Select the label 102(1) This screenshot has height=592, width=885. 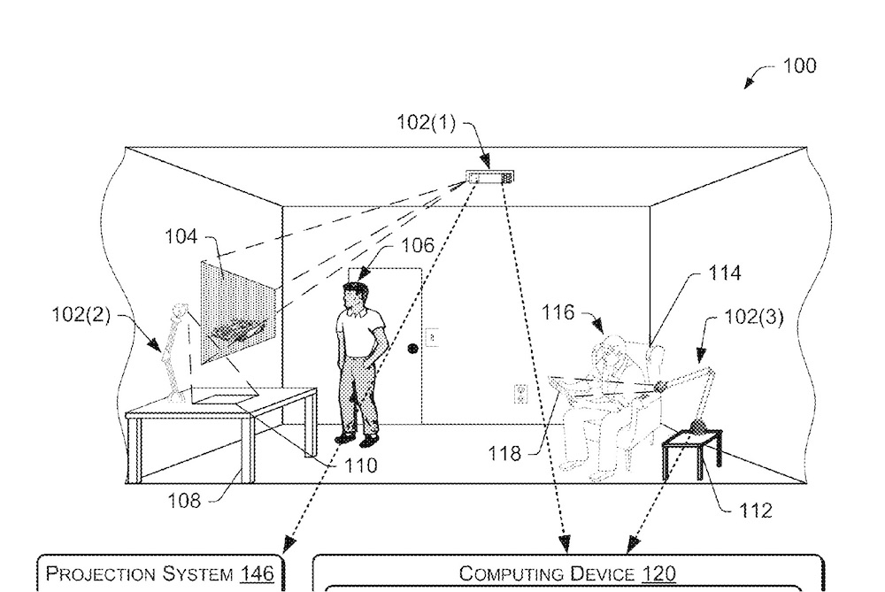(x=426, y=123)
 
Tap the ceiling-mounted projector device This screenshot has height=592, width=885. (x=489, y=177)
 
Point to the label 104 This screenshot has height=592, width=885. (x=181, y=236)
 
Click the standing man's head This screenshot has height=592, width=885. (x=355, y=296)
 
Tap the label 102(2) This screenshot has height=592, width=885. (x=81, y=315)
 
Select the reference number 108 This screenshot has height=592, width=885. (x=185, y=501)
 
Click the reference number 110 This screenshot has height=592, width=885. (x=359, y=465)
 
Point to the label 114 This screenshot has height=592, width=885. (x=725, y=274)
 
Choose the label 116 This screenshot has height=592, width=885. (x=559, y=312)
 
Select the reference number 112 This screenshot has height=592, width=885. (x=754, y=510)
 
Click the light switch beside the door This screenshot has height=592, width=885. (x=433, y=336)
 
